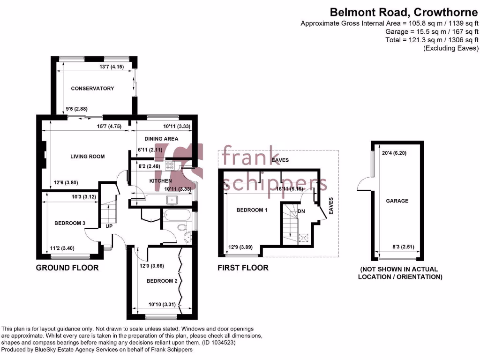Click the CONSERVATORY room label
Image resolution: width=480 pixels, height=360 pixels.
92,88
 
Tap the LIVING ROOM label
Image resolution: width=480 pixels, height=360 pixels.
87,157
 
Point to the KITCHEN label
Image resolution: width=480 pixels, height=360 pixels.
160,181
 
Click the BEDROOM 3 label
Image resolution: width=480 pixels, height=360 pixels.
69,223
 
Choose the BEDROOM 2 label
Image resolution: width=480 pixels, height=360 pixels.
162,281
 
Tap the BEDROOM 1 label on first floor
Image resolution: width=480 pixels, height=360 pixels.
252,210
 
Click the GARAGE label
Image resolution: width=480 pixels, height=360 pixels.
397,201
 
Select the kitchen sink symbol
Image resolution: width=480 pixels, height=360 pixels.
171,200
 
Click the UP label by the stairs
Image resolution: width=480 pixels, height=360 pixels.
109,226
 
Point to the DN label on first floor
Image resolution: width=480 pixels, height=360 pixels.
301,211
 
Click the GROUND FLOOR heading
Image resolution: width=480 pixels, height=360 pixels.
67,268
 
